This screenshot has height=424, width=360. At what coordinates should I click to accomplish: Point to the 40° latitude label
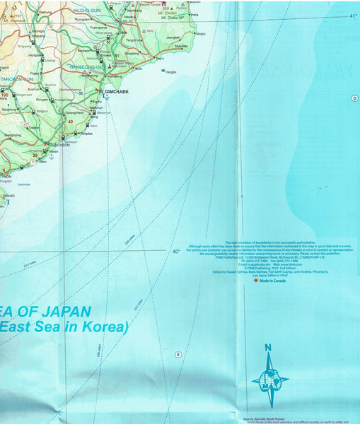(175, 252)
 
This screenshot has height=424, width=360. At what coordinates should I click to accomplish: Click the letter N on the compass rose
(267, 347)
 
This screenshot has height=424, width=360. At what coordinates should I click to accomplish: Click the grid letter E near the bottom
(178, 354)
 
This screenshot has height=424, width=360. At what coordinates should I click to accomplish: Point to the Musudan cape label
(182, 46)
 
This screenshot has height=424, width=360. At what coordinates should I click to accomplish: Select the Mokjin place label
(202, 33)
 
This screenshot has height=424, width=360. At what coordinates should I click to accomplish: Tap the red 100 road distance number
(5, 95)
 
